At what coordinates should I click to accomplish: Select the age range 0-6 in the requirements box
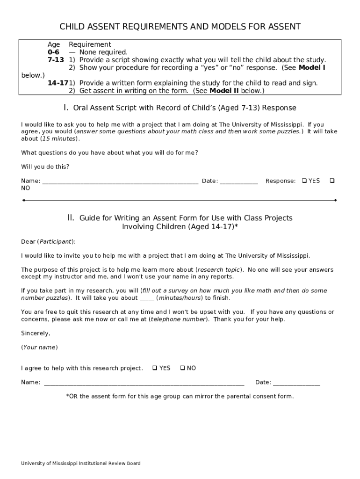pyautogui.click(x=53, y=52)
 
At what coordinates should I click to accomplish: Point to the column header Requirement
pyautogui.click(x=90, y=44)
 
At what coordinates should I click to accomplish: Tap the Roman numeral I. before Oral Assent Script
pyautogui.click(x=66, y=108)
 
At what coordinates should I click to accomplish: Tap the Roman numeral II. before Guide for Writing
pyautogui.click(x=71, y=218)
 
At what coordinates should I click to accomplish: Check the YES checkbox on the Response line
pyautogui.click(x=304, y=181)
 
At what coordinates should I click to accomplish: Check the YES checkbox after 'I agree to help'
pyautogui.click(x=155, y=368)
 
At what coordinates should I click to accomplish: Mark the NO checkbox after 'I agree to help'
pyautogui.click(x=182, y=368)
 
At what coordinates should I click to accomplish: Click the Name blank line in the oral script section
pyautogui.click(x=120, y=181)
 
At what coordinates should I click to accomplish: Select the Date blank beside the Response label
pyautogui.click(x=238, y=181)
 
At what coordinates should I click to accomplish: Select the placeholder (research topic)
pyautogui.click(x=219, y=270)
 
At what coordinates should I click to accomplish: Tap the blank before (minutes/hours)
pyautogui.click(x=147, y=298)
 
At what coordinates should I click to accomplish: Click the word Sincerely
pyautogui.click(x=36, y=334)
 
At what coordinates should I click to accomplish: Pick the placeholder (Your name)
pyautogui.click(x=39, y=348)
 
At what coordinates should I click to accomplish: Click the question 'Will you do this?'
pyautogui.click(x=45, y=167)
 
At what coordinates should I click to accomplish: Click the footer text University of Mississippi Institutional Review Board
pyautogui.click(x=80, y=464)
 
